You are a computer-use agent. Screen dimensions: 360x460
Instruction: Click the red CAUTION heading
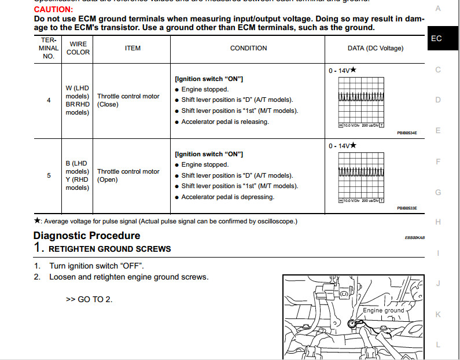coord(53,10)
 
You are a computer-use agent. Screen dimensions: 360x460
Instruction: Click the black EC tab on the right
coord(436,39)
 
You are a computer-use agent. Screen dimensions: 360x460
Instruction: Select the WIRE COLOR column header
coord(79,48)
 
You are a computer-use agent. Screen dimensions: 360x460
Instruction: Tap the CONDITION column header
coord(248,49)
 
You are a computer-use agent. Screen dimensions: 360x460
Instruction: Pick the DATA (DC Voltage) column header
coord(376,49)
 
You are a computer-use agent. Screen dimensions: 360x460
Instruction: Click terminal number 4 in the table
coord(49,100)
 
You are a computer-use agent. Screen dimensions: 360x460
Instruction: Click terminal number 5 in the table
coord(49,175)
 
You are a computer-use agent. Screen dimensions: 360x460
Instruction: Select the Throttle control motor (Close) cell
coord(128,100)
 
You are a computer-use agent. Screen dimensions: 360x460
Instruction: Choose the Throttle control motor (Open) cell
coord(128,175)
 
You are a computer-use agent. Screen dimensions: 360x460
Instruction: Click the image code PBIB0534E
coord(407,133)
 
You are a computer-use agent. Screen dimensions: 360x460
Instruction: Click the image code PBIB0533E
coord(407,208)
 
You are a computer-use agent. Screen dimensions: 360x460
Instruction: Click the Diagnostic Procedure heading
coord(87,236)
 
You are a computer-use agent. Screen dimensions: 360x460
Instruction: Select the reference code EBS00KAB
coord(415,237)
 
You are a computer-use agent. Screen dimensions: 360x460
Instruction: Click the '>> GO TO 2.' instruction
coord(90,299)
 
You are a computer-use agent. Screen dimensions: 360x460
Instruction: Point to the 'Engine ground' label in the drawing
coord(383,311)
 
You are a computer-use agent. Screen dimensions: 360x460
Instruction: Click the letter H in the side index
coord(438,222)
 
